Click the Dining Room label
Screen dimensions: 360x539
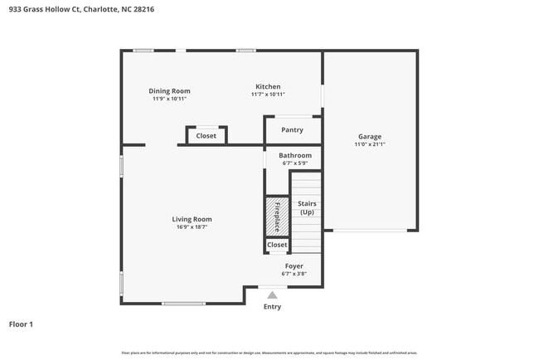pos(169,90)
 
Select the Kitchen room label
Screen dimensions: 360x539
pos(268,86)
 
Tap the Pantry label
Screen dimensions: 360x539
pos(292,129)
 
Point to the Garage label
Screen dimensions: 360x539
pos(369,136)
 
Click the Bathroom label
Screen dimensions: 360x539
pos(295,155)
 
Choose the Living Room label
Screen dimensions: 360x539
pos(192,219)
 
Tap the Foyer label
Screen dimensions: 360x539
pos(294,265)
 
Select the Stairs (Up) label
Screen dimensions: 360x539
pos(307,207)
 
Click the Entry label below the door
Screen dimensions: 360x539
pos(272,306)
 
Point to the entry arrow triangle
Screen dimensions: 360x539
pos(272,293)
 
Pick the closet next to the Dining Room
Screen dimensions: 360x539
pos(206,135)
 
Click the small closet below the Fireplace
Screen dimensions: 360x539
pos(277,245)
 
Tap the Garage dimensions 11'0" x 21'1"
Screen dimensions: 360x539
pos(369,144)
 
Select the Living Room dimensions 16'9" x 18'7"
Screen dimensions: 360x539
pos(192,226)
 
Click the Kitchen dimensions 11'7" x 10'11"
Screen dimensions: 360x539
pos(268,95)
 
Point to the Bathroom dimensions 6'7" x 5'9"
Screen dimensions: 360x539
pos(295,163)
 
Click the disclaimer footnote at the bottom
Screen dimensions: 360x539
pos(269,353)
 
